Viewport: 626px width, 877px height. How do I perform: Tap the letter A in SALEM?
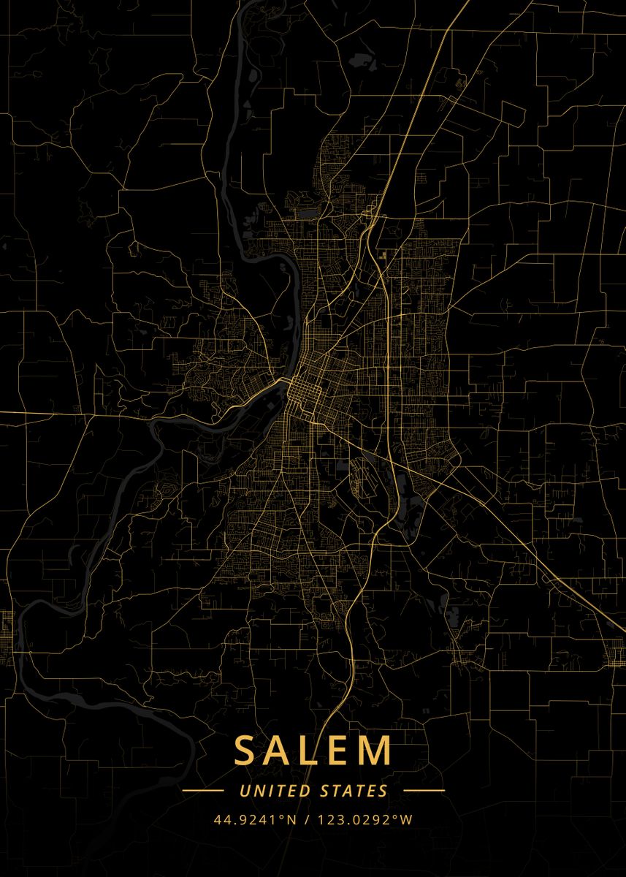[279, 751]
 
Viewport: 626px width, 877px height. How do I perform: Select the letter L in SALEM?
[311, 751]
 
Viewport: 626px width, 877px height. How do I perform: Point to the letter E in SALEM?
[340, 751]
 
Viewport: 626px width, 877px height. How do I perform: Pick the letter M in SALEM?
[377, 751]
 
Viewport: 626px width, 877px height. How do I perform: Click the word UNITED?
[275, 791]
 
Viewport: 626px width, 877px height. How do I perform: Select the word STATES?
[354, 791]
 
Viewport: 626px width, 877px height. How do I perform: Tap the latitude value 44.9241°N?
[255, 820]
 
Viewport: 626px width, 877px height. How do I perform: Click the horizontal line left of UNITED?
[202, 791]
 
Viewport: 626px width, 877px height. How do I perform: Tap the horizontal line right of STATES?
[424, 791]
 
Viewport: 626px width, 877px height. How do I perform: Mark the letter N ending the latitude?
[291, 820]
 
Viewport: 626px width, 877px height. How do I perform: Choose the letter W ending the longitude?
[408, 820]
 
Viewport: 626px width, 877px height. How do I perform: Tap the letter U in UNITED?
[244, 791]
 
